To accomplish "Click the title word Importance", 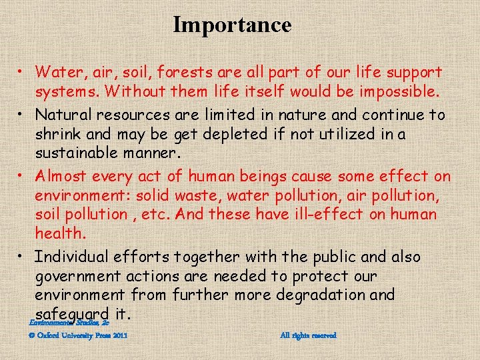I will [232, 25].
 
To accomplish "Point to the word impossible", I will [397, 90].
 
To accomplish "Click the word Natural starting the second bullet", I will [63, 115].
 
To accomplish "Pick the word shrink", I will [58, 133].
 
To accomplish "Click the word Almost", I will [61, 177].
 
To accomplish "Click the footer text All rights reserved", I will [309, 335].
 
